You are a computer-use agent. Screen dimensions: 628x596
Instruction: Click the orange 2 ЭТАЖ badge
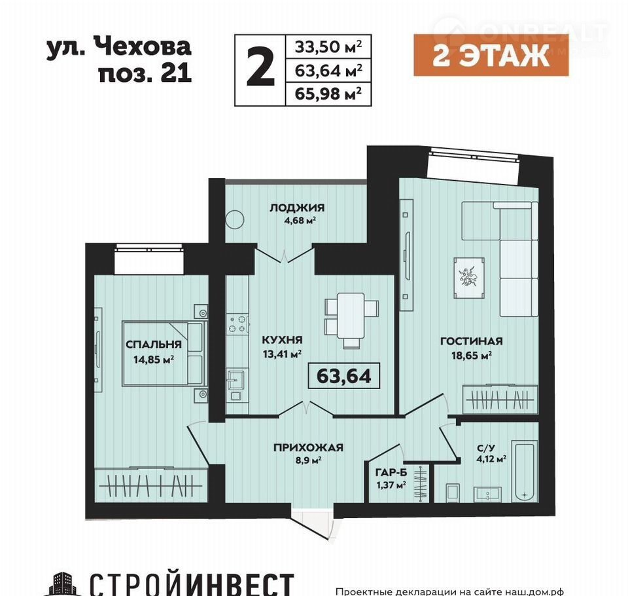pos(491,56)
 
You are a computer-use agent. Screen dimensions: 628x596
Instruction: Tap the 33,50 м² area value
pos(328,47)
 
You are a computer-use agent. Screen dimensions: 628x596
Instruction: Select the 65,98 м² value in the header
pos(328,94)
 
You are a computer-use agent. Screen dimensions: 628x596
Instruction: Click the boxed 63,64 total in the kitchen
pos(343,376)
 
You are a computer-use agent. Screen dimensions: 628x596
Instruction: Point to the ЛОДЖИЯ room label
pos(297,208)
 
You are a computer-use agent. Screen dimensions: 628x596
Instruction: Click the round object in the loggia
pos(235,219)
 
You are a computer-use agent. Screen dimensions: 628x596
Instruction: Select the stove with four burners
pos(237,324)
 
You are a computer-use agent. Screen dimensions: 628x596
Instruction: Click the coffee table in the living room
pos(469,278)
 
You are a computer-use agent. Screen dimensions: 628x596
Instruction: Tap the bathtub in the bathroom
pos(525,471)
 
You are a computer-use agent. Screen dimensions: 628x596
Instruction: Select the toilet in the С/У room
pos(453,492)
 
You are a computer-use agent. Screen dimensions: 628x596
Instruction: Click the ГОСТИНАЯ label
pos(472,341)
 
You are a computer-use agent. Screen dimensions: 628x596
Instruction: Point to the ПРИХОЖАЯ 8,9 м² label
pos(308,453)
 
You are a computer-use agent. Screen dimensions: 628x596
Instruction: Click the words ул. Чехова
pos(118,48)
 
